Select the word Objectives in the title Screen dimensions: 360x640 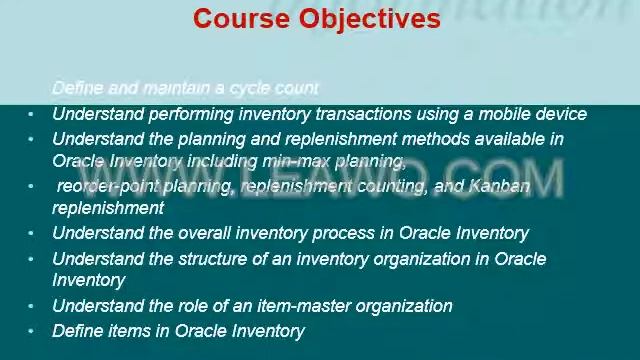[370, 19]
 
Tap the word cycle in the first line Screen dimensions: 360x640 [252, 88]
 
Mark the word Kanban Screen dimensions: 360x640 [497, 186]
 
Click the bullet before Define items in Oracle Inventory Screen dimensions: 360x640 [31, 331]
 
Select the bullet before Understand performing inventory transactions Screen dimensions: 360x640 [31, 114]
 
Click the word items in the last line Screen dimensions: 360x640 [129, 331]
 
